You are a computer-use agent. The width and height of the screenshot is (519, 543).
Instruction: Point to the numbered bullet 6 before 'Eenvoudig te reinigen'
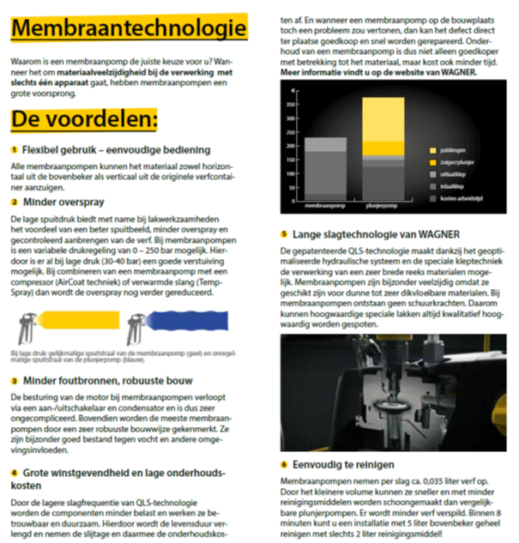click(x=284, y=464)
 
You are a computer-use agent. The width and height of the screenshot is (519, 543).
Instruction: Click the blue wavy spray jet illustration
click(x=196, y=329)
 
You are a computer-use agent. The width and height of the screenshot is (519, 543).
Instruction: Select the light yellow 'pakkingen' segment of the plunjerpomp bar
click(x=383, y=126)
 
